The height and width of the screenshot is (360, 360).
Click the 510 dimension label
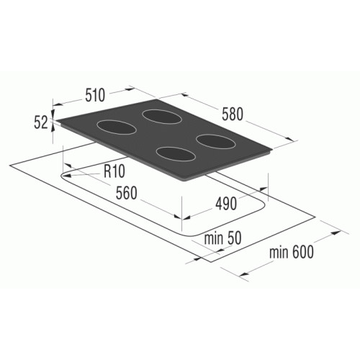coord(95,95)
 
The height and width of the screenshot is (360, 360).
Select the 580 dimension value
coord(233,114)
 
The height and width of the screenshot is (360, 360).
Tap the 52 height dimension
coord(41,123)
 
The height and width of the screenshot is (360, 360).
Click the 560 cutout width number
coord(127,193)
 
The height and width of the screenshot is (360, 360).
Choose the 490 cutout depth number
coord(226,204)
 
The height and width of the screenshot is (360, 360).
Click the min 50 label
coord(222,238)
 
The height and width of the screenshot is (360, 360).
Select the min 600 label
coord(292,252)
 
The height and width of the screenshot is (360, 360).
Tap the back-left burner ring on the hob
coord(117,127)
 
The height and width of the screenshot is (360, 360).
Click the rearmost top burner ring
coord(161,117)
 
